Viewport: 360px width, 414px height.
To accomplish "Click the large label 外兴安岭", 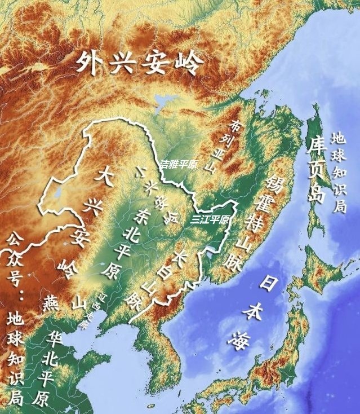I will click(139, 61).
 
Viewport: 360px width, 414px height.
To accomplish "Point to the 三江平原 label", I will click(210, 219).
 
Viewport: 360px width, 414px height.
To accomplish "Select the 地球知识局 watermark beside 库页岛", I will click(339, 172).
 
